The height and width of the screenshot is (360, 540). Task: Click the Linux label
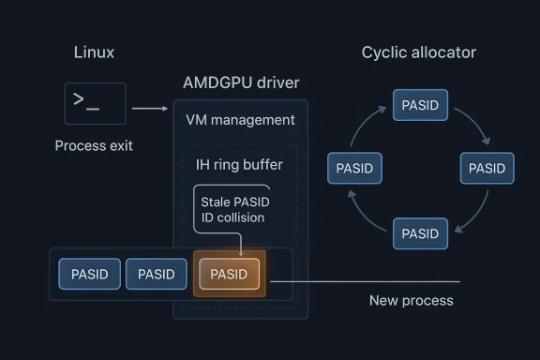pyautogui.click(x=94, y=52)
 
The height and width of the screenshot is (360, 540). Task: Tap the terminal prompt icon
pyautogui.click(x=95, y=104)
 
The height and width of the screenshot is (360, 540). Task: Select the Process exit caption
pyautogui.click(x=94, y=145)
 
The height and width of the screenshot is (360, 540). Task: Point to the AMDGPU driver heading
pyautogui.click(x=241, y=83)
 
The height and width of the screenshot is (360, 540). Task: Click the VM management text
pyautogui.click(x=240, y=120)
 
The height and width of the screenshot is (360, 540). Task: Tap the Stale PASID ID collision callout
pyautogui.click(x=232, y=210)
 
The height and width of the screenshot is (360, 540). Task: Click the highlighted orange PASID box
pyautogui.click(x=230, y=274)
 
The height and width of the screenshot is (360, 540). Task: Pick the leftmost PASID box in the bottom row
pyautogui.click(x=89, y=274)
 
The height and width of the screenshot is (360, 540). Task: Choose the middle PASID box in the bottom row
pyautogui.click(x=156, y=274)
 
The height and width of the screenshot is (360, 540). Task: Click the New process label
pyautogui.click(x=411, y=300)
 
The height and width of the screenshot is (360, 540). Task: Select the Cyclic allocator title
pyautogui.click(x=418, y=52)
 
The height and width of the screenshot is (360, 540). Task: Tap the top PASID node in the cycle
pyautogui.click(x=419, y=105)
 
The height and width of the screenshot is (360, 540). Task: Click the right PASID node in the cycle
pyautogui.click(x=486, y=169)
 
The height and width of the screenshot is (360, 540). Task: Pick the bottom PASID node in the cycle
pyautogui.click(x=419, y=232)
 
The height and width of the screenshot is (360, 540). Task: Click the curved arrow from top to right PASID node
pyautogui.click(x=472, y=124)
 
